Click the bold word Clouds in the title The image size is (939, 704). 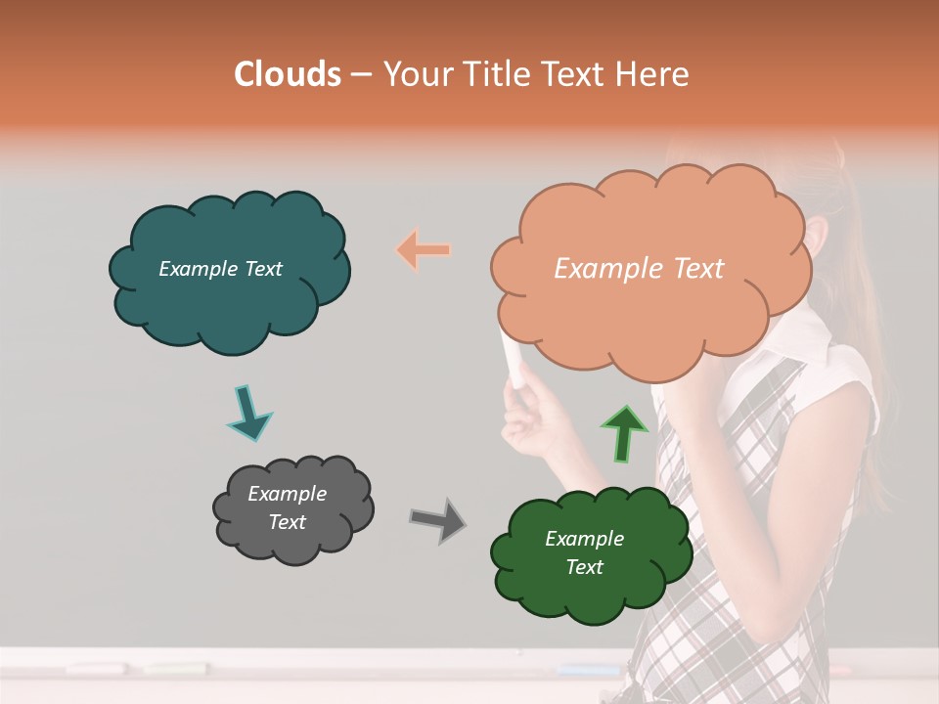pyautogui.click(x=287, y=74)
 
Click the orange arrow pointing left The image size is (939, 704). pyautogui.click(x=424, y=250)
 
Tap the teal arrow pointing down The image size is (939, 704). pyautogui.click(x=248, y=413)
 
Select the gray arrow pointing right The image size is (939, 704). pyautogui.click(x=438, y=519)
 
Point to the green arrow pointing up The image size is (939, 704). pyautogui.click(x=623, y=432)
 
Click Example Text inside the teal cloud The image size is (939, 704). pyautogui.click(x=220, y=269)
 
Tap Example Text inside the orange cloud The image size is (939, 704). pyautogui.click(x=639, y=269)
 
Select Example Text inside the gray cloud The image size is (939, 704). pyautogui.click(x=288, y=508)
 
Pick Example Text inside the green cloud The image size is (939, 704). pyautogui.click(x=585, y=553)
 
